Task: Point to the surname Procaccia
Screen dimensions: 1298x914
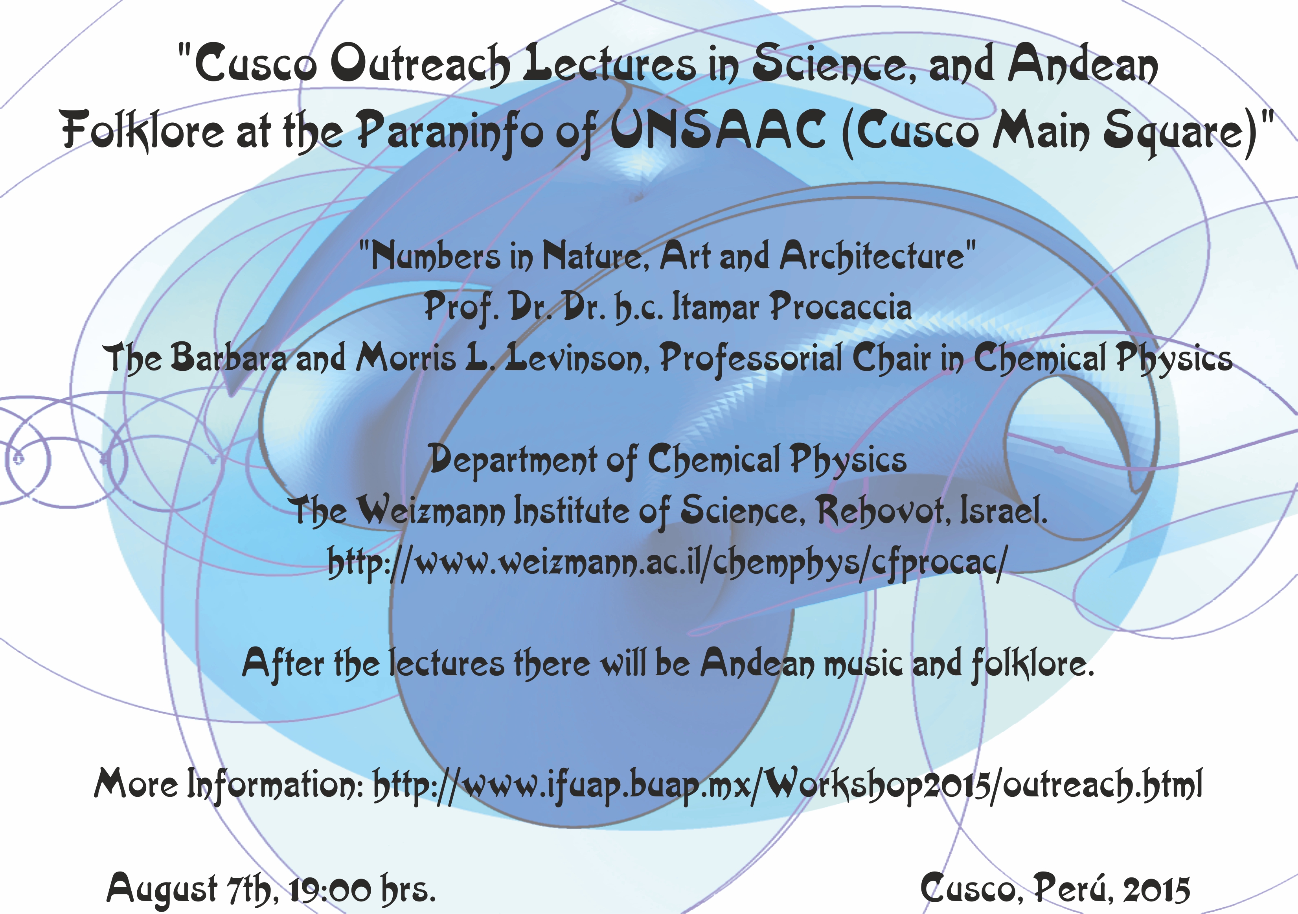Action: (841, 307)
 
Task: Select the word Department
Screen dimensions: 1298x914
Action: (513, 460)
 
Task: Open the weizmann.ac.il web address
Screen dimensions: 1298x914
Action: (667, 563)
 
